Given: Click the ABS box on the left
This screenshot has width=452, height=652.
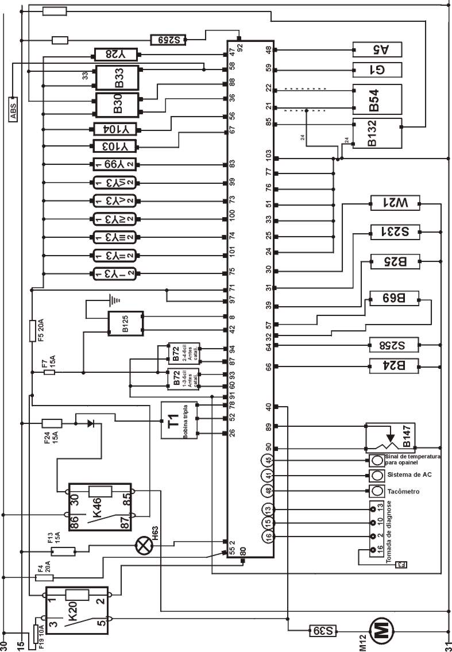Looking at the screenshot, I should pyautogui.click(x=13, y=109).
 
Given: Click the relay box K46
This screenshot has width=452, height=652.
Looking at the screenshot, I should pyautogui.click(x=100, y=507).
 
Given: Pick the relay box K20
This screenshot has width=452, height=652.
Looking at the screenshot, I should pyautogui.click(x=78, y=610).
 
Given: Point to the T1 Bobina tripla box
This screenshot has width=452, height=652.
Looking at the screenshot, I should pyautogui.click(x=179, y=420).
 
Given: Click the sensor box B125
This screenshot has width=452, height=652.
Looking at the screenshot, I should pyautogui.click(x=126, y=323).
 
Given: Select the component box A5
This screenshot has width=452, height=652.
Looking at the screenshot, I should pyautogui.click(x=377, y=50).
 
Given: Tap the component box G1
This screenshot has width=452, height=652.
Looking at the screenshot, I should pyautogui.click(x=377, y=70).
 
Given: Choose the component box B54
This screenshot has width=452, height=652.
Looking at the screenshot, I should pyautogui.click(x=377, y=99).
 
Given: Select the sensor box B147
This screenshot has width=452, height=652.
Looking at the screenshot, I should pyautogui.click(x=391, y=438).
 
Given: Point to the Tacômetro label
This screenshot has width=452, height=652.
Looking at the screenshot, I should pyautogui.click(x=404, y=492).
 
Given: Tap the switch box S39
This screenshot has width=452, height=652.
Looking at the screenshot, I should pyautogui.click(x=324, y=630).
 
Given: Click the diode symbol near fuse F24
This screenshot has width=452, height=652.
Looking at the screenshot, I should pyautogui.click(x=91, y=423).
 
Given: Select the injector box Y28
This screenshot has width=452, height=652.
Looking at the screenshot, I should pyautogui.click(x=115, y=55).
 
